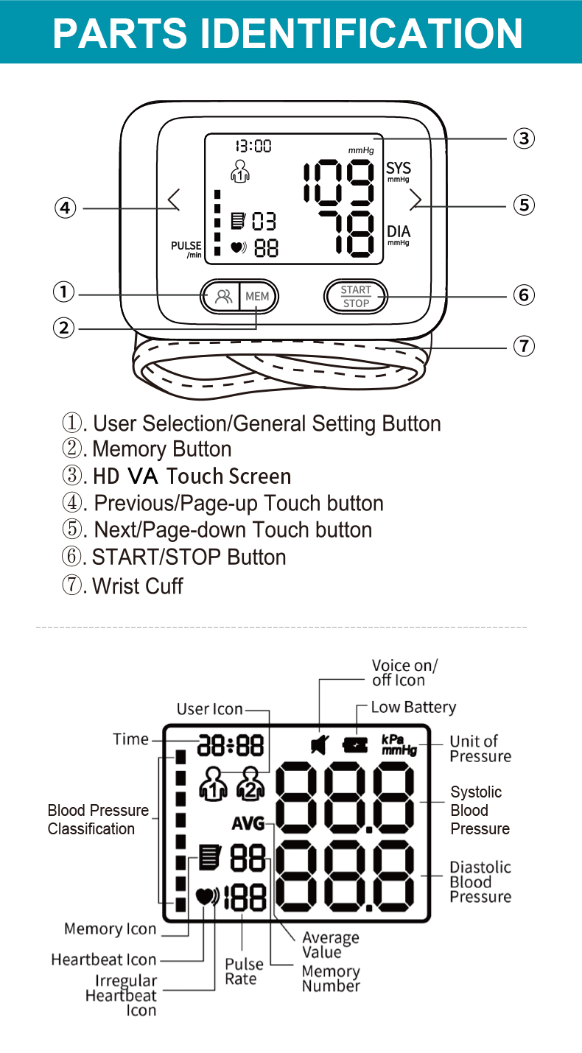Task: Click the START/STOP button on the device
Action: [x=356, y=296]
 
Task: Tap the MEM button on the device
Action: [x=258, y=297]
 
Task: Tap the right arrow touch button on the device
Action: [x=416, y=200]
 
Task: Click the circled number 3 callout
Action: [x=523, y=138]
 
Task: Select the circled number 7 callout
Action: [x=523, y=345]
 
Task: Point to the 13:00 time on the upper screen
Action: [x=253, y=146]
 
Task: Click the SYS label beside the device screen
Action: [x=399, y=169]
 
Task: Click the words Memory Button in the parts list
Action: [x=161, y=449]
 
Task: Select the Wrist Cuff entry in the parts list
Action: [x=137, y=586]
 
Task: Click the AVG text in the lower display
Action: [x=248, y=824]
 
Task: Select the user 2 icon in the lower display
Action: [x=250, y=783]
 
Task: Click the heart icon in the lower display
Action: [x=206, y=897]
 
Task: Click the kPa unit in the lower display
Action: [x=393, y=739]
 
